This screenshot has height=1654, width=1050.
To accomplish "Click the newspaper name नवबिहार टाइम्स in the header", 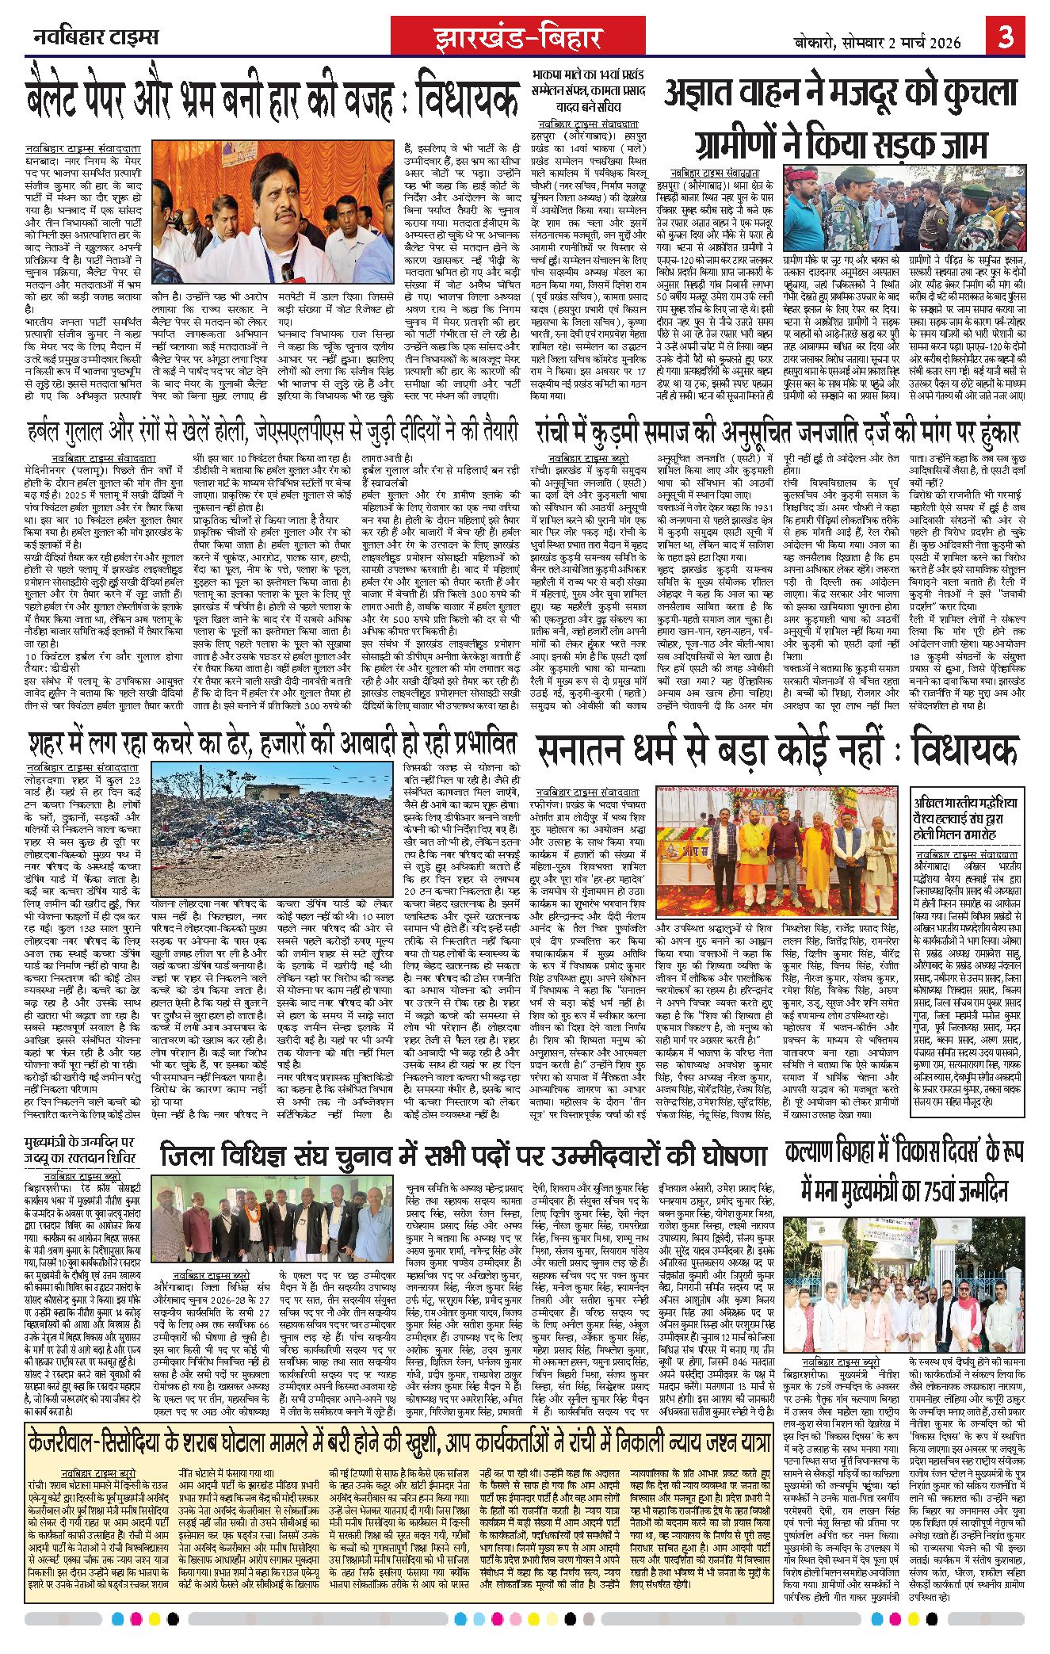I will pyautogui.click(x=96, y=36).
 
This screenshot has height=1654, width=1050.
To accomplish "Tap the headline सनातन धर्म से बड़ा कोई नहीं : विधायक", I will pyautogui.click(x=776, y=751).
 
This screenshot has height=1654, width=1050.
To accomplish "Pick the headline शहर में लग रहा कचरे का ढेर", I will pyautogui.click(x=272, y=743).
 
